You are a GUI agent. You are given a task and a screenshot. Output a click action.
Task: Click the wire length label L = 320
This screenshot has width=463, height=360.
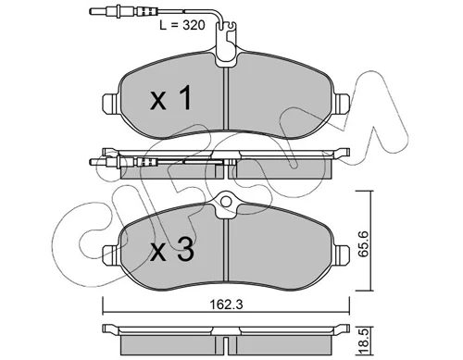182,25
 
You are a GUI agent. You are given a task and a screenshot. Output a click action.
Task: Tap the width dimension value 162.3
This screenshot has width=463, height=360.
226,304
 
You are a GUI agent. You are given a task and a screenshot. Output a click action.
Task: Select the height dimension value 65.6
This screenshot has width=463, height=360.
364,244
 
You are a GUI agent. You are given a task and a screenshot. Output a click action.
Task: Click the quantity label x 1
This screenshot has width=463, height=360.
171,98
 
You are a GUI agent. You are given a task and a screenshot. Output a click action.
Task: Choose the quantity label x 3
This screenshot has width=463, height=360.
172,250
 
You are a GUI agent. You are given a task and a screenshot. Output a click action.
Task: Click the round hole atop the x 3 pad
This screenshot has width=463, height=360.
226,202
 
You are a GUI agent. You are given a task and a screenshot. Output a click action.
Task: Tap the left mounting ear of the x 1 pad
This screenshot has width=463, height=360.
109,102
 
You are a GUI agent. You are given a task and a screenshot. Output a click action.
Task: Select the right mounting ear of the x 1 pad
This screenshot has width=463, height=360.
343,102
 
